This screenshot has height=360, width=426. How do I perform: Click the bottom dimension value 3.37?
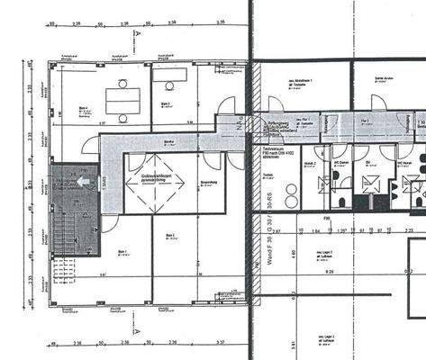point(218,343)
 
